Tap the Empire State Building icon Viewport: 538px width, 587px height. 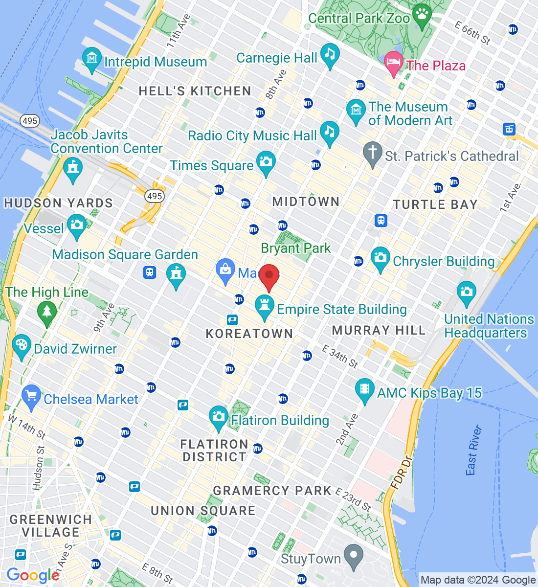coord(265,306)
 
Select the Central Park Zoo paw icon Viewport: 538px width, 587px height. coord(422,15)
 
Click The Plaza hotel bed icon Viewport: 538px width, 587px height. coord(393,63)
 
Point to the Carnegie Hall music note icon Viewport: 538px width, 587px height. coord(330,55)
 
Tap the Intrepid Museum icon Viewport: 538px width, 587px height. coord(92,59)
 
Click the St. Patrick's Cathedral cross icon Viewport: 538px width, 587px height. coord(372,154)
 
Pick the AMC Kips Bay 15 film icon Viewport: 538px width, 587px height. coord(364,390)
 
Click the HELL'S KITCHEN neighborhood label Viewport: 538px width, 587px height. coord(195,91)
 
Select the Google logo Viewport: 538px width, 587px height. coord(33,575)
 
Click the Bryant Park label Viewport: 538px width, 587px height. coord(296,248)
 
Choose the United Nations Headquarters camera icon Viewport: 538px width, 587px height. coord(466,293)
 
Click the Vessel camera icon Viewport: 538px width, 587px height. coord(76,226)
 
